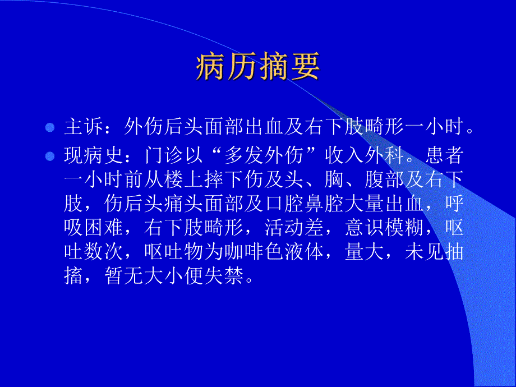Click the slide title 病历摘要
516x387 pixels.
click(258, 68)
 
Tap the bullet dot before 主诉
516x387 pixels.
click(50, 128)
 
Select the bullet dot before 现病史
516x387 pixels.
click(50, 156)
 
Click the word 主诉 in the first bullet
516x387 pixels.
click(84, 127)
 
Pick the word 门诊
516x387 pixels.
click(164, 155)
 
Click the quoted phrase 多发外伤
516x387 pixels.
click(265, 155)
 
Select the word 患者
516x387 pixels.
click(446, 155)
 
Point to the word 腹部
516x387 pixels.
click(365, 180)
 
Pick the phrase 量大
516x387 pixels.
click(365, 253)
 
